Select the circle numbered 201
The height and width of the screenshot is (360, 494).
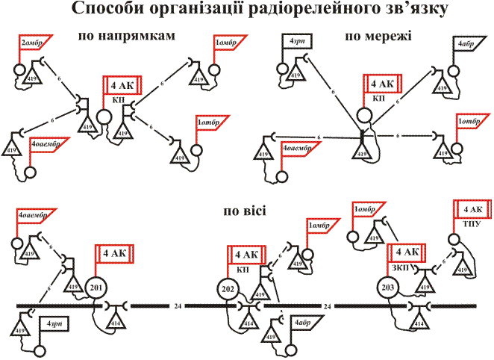click(x=95, y=288)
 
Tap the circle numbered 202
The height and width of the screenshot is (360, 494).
click(x=228, y=288)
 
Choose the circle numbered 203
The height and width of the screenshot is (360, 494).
click(x=387, y=288)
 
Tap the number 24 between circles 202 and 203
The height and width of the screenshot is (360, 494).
click(x=327, y=306)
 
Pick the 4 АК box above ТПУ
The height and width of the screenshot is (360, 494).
click(x=471, y=208)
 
